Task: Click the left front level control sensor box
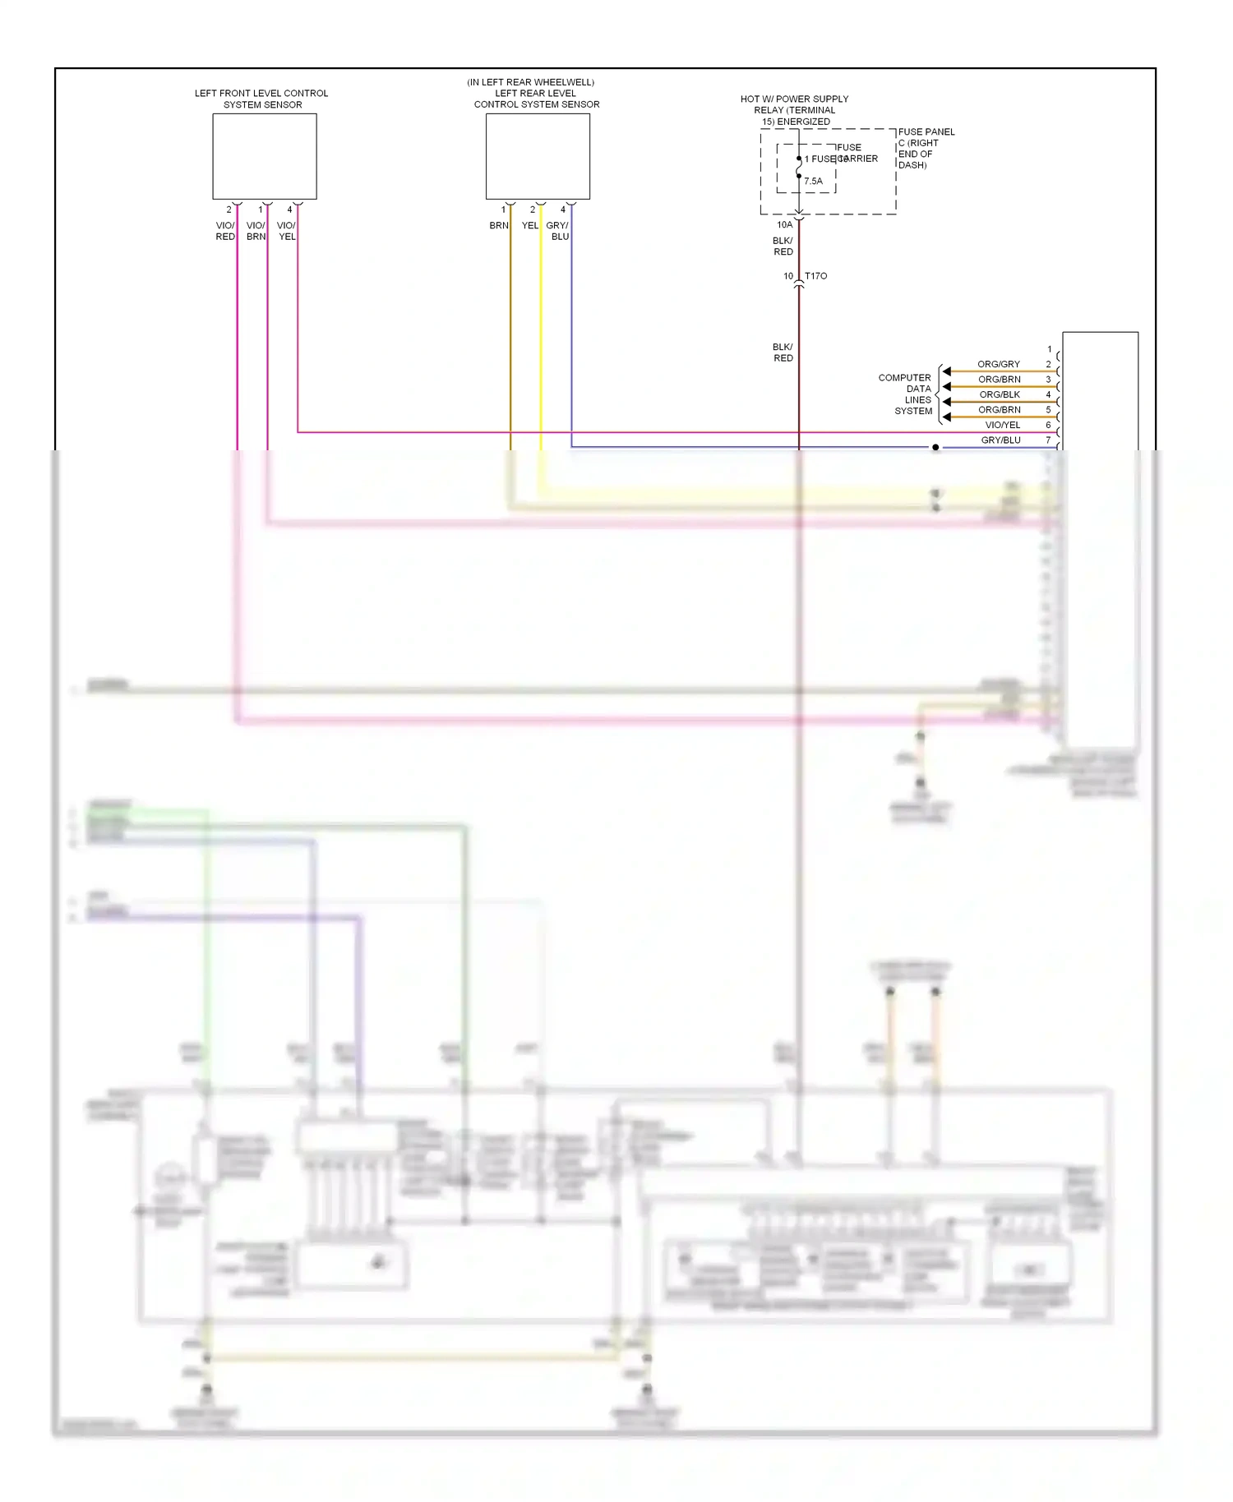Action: (x=264, y=156)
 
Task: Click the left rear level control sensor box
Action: (x=538, y=156)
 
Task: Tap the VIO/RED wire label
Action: (x=225, y=231)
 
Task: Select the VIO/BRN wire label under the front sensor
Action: (x=256, y=231)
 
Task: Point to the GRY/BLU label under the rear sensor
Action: (x=558, y=231)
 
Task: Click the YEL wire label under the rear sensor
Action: (x=530, y=225)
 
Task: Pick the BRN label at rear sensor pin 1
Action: (x=498, y=225)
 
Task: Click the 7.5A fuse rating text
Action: (x=813, y=181)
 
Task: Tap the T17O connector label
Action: (x=815, y=276)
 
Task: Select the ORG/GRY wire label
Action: (x=998, y=364)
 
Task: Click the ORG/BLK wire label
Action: (x=999, y=394)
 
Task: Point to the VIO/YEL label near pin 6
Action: (x=1002, y=425)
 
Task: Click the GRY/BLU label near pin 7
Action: (x=1000, y=440)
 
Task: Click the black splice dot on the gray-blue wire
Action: (x=935, y=447)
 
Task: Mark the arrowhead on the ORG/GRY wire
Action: (x=947, y=371)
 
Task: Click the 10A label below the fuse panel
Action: (x=784, y=224)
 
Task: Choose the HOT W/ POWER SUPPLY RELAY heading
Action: (x=794, y=110)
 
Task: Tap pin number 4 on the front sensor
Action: (x=289, y=210)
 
